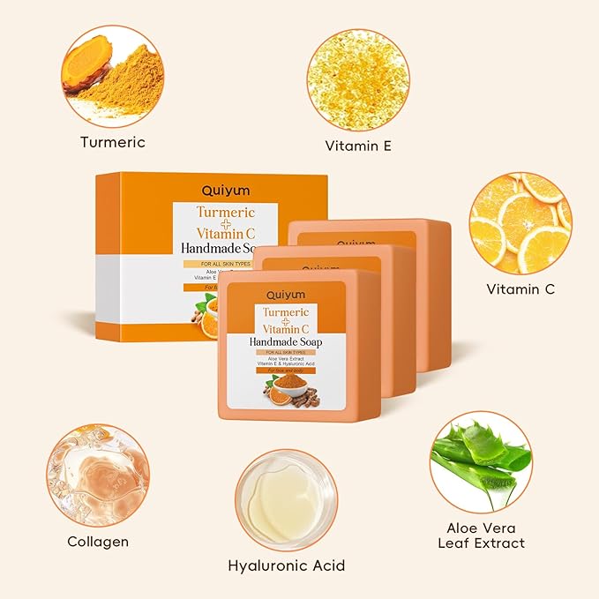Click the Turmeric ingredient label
coord(112,142)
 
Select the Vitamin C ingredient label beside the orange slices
coord(520,288)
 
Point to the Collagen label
coord(98,541)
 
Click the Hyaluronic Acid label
coord(286,565)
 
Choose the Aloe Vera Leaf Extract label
coord(480,535)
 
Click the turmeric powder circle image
coord(112,76)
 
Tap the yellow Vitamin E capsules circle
coord(357,79)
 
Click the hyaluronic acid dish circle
coord(287,499)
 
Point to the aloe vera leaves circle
coord(481,461)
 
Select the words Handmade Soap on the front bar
coord(286,341)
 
